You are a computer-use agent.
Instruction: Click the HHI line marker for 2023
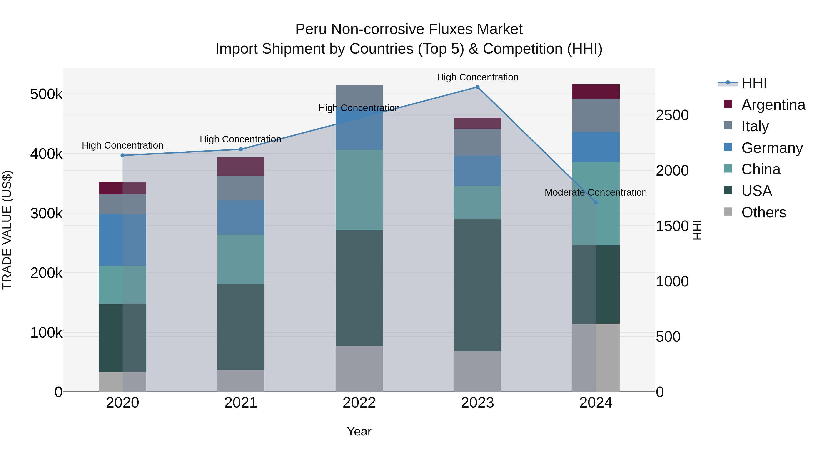coord(477,87)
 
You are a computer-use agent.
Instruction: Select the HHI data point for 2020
coord(122,155)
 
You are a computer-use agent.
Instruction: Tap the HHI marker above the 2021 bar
coord(241,149)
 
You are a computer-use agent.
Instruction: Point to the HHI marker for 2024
coord(596,202)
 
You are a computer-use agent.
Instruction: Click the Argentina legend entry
coord(773,105)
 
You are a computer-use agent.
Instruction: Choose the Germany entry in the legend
coord(772,148)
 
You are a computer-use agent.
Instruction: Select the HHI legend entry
coord(754,83)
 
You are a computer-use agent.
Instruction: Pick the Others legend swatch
coord(728,212)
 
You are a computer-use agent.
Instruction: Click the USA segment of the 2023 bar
coord(477,285)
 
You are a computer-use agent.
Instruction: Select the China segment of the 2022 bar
coord(359,190)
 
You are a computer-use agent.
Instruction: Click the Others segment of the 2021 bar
coord(241,381)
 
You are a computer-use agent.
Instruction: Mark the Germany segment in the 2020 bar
coord(122,240)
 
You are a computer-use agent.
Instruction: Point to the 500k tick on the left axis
coord(46,94)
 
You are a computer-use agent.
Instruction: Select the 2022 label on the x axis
coord(359,403)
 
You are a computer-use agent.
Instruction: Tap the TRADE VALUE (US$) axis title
coord(7,230)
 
